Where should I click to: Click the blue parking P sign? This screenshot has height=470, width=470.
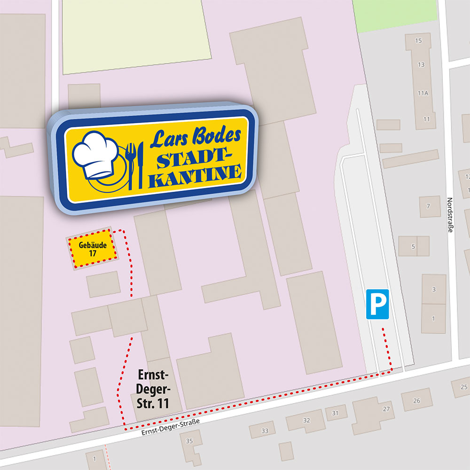tap(377, 304)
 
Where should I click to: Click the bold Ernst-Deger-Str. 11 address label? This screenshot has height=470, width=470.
tap(153, 389)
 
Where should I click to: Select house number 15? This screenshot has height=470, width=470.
tap(419, 40)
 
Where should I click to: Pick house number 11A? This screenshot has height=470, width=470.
tap(423, 94)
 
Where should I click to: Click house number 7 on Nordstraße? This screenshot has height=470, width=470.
tap(428, 206)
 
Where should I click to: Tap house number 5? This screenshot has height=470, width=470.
tap(413, 246)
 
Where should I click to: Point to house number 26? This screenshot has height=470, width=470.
tap(416, 401)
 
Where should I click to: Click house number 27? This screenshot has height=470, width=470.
tap(386, 409)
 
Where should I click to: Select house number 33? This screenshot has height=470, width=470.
tap(265, 431)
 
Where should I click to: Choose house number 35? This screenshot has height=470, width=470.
tap(189, 441)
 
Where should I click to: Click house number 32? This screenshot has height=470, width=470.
tap(306, 420)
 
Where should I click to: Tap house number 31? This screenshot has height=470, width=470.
tap(336, 413)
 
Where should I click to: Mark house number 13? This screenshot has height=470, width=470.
tap(421, 64)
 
